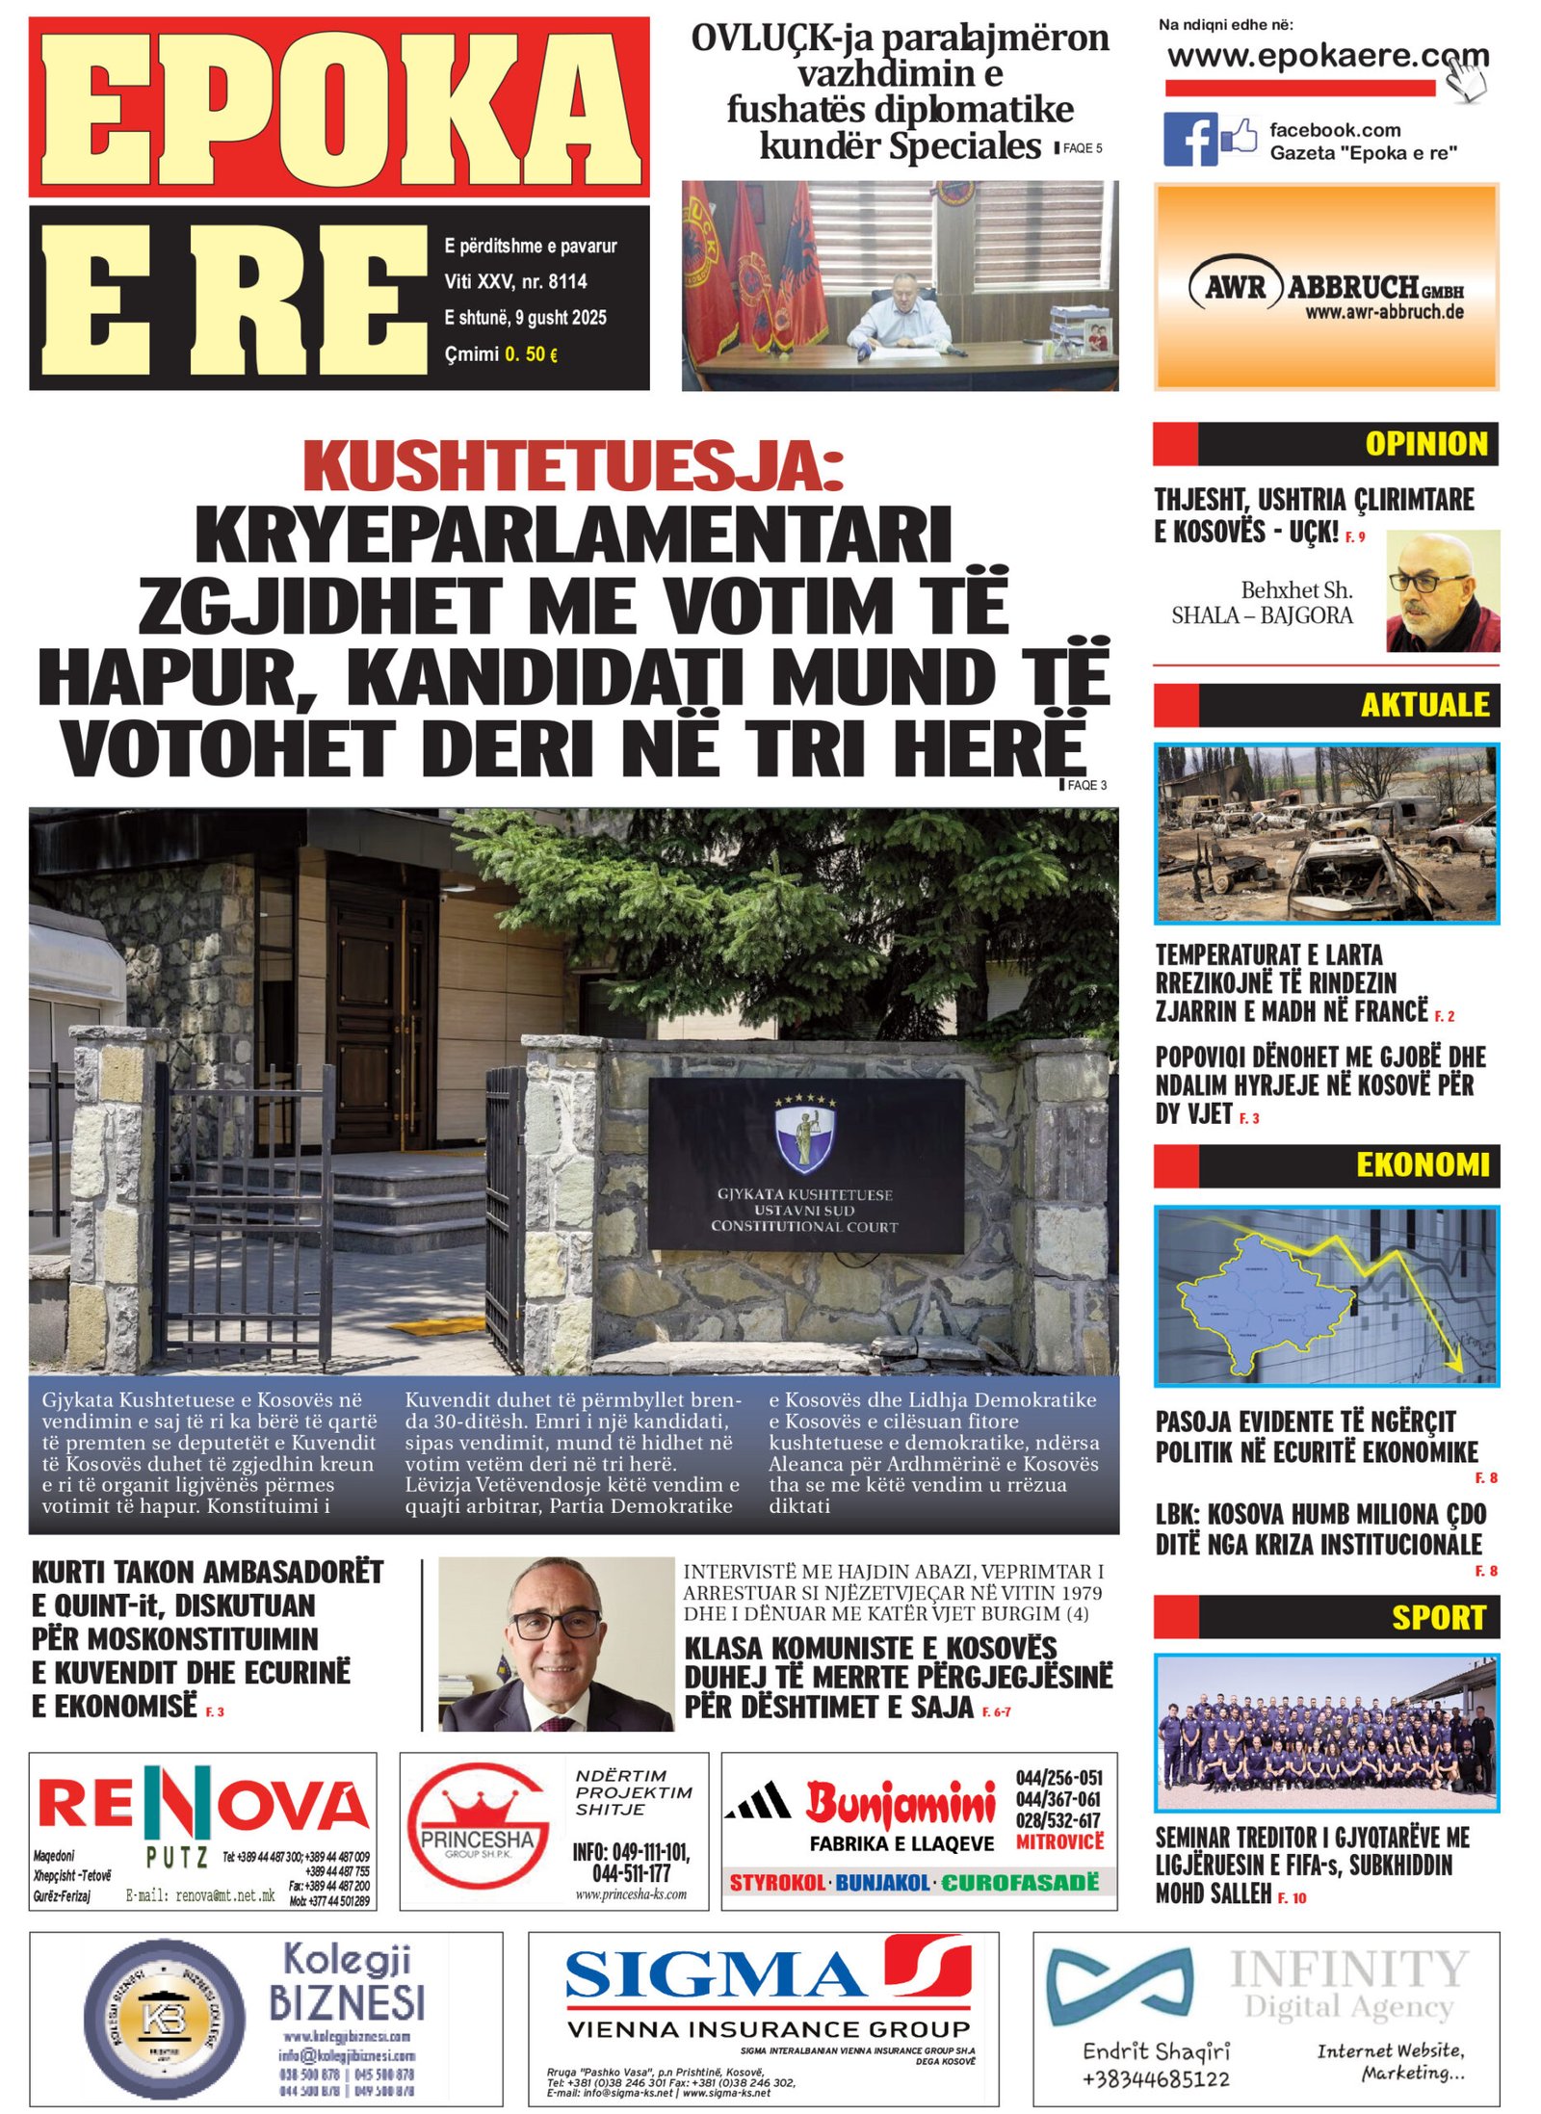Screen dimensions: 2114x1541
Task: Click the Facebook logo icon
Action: point(1189,139)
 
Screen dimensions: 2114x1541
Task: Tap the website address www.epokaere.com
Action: point(1326,56)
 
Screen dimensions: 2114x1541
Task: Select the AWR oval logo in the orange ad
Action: point(1236,287)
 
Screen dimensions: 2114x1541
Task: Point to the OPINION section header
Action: point(1425,444)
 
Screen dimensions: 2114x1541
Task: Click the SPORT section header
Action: point(1438,1617)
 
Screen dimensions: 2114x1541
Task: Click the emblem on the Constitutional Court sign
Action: point(806,1133)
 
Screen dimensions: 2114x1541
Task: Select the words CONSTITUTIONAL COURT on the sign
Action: point(804,1227)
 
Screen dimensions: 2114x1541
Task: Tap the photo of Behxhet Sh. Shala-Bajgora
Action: point(1442,591)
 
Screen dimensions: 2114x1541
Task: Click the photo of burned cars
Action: point(1326,833)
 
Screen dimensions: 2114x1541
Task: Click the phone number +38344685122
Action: point(1156,2079)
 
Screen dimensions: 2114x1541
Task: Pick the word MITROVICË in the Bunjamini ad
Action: point(1059,1841)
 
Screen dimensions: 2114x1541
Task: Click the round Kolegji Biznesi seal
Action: point(165,2018)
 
